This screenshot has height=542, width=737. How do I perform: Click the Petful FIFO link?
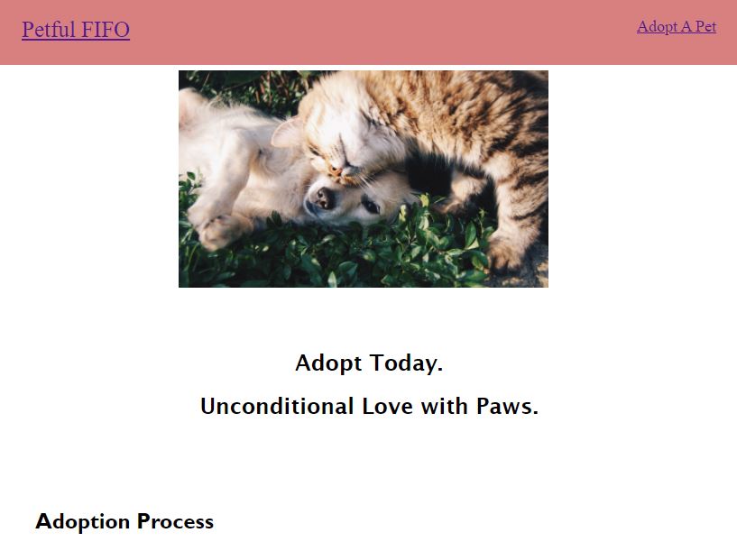point(76,31)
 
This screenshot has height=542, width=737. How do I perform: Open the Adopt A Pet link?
point(676,27)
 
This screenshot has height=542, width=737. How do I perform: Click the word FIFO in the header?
point(106,31)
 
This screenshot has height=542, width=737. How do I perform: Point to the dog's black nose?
point(322,198)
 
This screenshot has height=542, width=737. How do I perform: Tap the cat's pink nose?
point(336,168)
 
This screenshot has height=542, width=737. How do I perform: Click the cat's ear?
point(288,133)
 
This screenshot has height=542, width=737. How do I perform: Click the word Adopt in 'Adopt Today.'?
point(326,363)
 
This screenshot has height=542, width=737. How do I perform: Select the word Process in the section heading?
point(175,521)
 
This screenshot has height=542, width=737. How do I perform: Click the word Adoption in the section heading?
point(83,521)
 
